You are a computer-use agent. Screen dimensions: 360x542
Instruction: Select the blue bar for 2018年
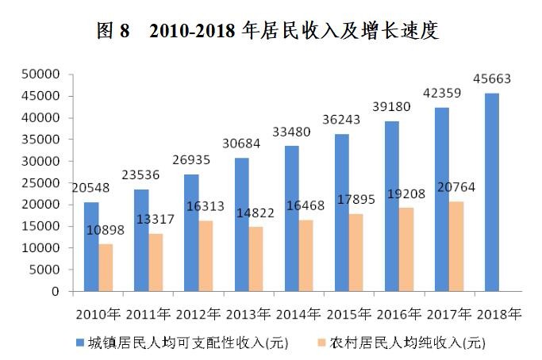pyautogui.click(x=492, y=192)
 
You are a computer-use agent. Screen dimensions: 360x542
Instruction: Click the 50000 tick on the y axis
pyautogui.click(x=42, y=75)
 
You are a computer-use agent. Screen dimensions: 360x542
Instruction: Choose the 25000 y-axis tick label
pyautogui.click(x=42, y=183)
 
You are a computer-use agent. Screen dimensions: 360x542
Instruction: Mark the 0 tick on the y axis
pyautogui.click(x=56, y=292)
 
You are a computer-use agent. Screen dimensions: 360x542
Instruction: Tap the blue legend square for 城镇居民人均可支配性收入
pyautogui.click(x=80, y=343)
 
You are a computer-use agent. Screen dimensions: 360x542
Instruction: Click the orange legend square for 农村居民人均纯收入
pyautogui.click(x=321, y=343)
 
